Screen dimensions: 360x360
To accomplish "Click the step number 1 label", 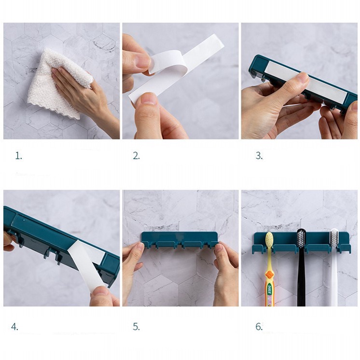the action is pos(18,156).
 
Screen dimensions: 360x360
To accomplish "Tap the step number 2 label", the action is pos(136,156).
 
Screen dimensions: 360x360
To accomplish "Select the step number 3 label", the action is pos(259,156).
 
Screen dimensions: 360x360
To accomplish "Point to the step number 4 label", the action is pos(14,327).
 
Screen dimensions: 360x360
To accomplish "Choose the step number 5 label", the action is pos(136,327).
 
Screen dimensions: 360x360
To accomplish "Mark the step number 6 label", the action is pos(259,327).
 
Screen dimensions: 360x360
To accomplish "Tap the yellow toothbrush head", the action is pos(269,241).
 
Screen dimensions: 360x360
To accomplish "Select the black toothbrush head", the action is pos(301,239).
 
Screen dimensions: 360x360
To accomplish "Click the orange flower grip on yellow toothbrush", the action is pos(270,275).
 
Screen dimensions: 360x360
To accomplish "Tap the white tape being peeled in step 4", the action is pos(88,264).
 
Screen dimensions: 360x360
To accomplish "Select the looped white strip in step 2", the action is pos(175,67).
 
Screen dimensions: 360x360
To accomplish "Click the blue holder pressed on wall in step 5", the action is pos(180,241).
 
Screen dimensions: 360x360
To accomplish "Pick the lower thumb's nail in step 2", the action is pos(148,99).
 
